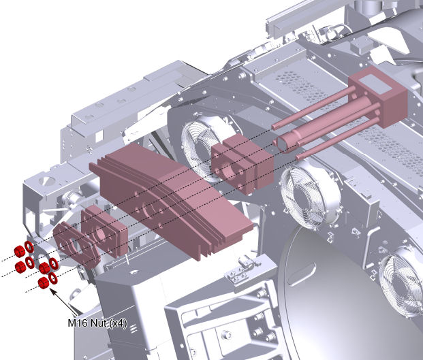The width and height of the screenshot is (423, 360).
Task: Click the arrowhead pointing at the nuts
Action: tap(53, 292)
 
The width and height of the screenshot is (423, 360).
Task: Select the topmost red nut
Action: tap(20, 251)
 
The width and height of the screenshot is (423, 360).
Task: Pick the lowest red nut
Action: tap(43, 283)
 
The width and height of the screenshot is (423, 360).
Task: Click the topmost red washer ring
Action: tap(29, 247)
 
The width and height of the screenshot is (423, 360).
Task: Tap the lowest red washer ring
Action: tap(53, 278)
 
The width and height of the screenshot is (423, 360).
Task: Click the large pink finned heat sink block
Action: tap(171, 199)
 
